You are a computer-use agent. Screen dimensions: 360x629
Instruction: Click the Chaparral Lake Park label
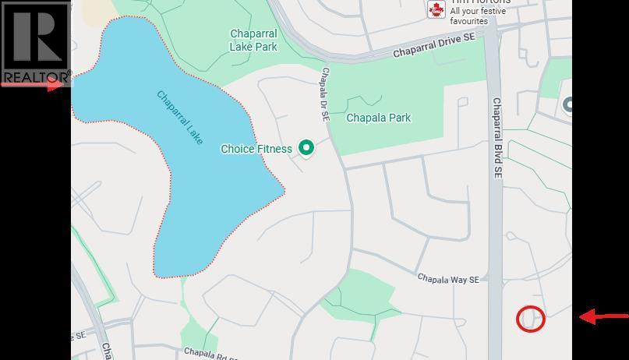click(x=253, y=40)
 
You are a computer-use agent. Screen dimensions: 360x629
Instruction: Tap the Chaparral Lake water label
click(x=180, y=118)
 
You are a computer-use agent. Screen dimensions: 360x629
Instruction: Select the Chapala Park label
click(x=378, y=118)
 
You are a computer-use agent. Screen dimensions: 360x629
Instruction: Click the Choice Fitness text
click(x=256, y=149)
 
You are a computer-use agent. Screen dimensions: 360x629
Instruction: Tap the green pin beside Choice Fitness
click(x=307, y=148)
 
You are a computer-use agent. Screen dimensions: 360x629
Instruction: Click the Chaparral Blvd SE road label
click(x=496, y=142)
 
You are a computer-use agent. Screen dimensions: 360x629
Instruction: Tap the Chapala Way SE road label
click(x=447, y=278)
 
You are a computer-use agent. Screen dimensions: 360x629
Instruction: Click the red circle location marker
click(x=531, y=318)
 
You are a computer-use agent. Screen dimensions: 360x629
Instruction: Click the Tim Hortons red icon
click(x=436, y=9)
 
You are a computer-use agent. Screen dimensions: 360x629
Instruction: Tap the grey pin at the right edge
click(x=569, y=106)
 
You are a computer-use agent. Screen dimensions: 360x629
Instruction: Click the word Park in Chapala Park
click(x=398, y=118)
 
